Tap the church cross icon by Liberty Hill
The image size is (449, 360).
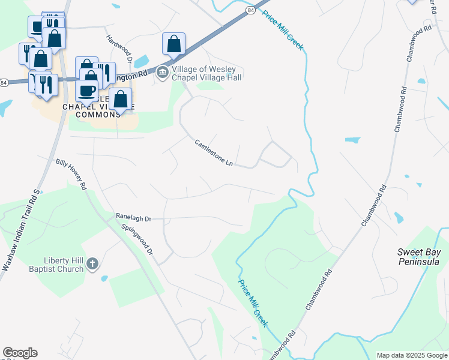(92, 263)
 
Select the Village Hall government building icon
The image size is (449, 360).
(163, 73)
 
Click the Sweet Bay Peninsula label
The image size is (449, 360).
(418, 257)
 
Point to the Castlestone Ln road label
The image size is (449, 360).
(213, 153)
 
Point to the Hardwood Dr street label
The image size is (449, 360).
(119, 48)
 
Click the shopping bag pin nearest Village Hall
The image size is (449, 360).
(173, 43)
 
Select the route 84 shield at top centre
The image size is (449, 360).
(250, 10)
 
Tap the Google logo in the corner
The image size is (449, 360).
(20, 353)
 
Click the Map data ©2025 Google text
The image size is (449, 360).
(411, 355)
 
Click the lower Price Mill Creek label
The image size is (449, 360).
(253, 302)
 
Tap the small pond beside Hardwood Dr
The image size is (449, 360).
(142, 61)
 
